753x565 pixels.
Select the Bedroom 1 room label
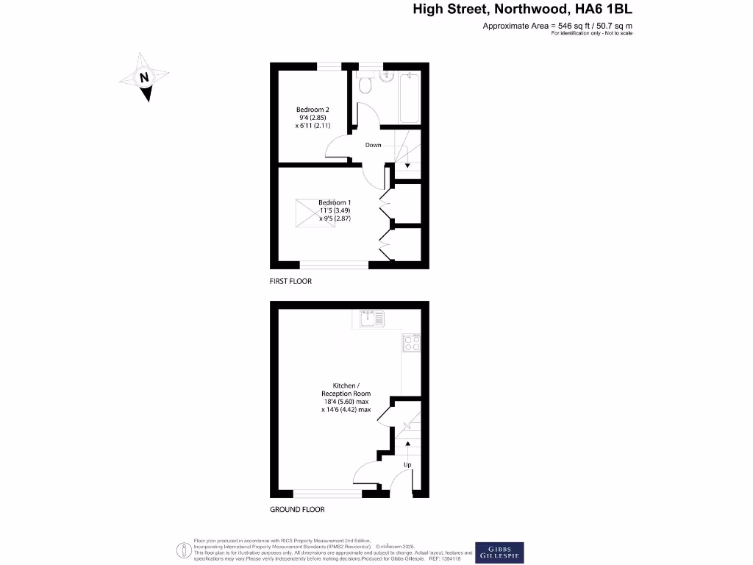coord(335,202)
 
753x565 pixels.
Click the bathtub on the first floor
coord(408,98)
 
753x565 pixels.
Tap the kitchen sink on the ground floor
coord(371,319)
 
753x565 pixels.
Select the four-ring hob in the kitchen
coord(412,343)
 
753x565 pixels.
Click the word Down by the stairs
coord(374,145)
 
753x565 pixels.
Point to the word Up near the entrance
coord(407,465)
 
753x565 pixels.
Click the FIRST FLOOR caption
coord(290,281)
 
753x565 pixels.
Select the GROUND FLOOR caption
coord(297,509)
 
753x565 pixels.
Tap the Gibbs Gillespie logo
coord(499,552)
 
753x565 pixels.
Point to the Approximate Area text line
coord(557,26)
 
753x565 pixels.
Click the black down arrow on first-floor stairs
coord(407,166)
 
